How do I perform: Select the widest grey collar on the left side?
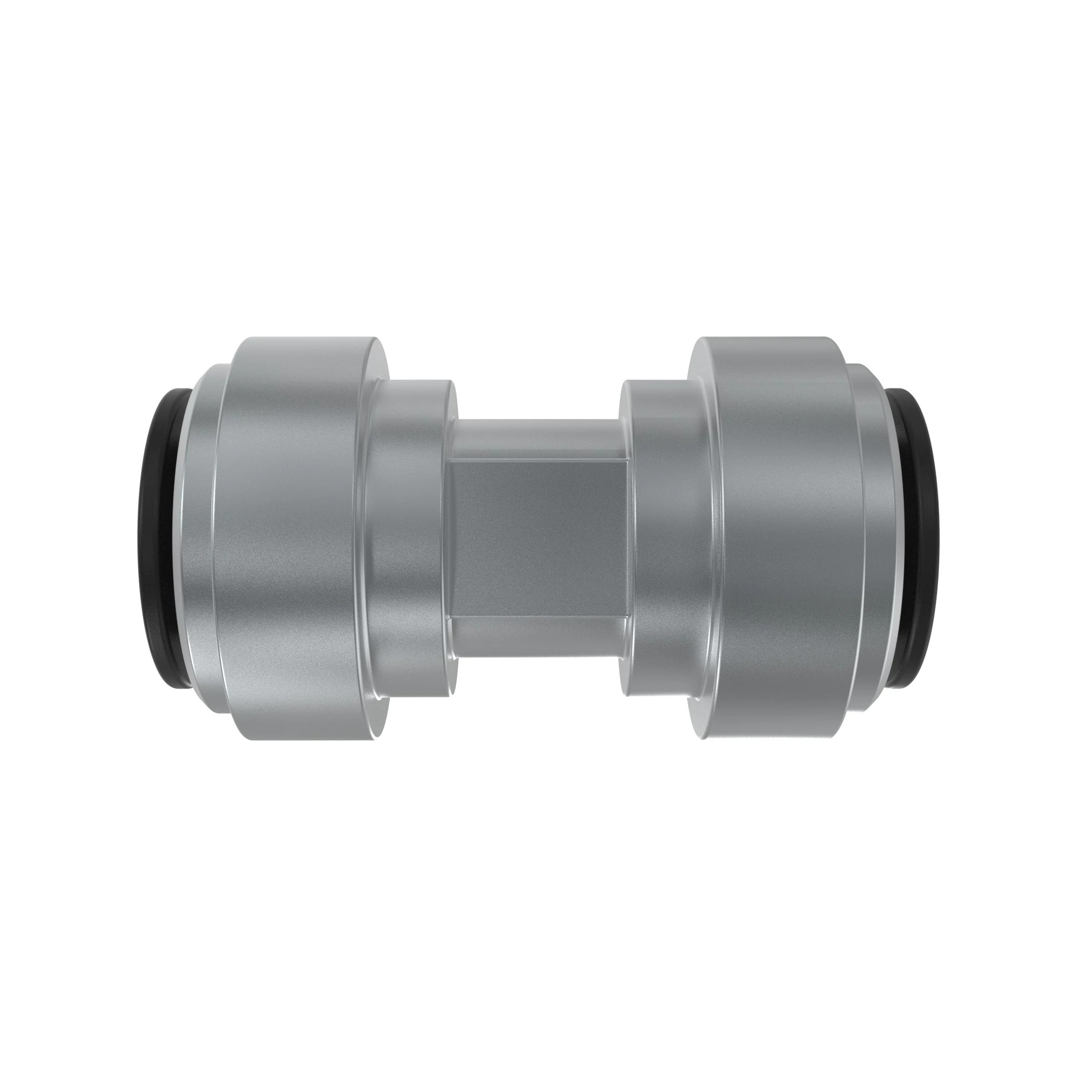290,538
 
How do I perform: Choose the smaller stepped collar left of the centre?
410,538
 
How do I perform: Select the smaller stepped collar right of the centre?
666,538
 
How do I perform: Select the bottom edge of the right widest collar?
772,739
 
